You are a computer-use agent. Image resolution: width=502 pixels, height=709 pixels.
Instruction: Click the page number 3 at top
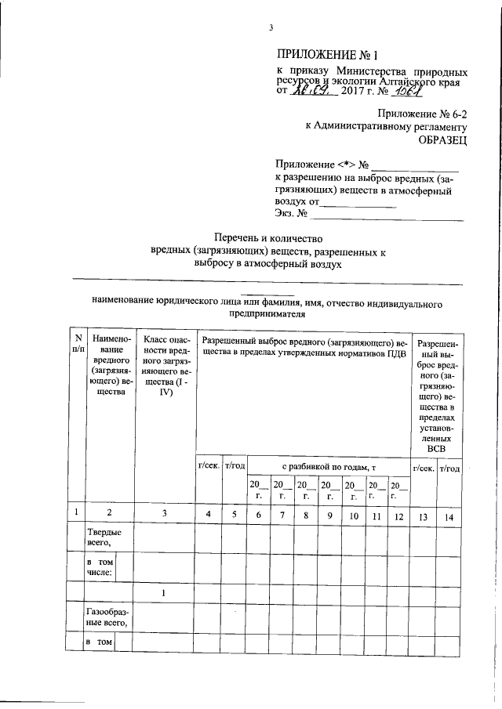pyautogui.click(x=270, y=29)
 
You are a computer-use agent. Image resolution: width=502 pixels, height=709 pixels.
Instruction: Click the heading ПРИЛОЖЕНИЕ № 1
pyautogui.click(x=327, y=55)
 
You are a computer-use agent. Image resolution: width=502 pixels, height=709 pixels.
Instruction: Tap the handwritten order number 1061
pyautogui.click(x=413, y=92)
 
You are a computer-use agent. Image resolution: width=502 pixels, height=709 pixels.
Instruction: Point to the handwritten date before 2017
pyautogui.click(x=313, y=92)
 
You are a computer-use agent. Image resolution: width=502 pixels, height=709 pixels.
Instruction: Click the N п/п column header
pyautogui.click(x=78, y=346)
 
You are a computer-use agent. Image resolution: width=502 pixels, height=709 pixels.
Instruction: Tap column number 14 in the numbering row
pyautogui.click(x=449, y=515)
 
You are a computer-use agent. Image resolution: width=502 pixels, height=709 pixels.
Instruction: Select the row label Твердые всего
pyautogui.click(x=101, y=540)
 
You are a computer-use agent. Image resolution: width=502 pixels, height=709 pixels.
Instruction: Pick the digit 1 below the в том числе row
pyautogui.click(x=164, y=593)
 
